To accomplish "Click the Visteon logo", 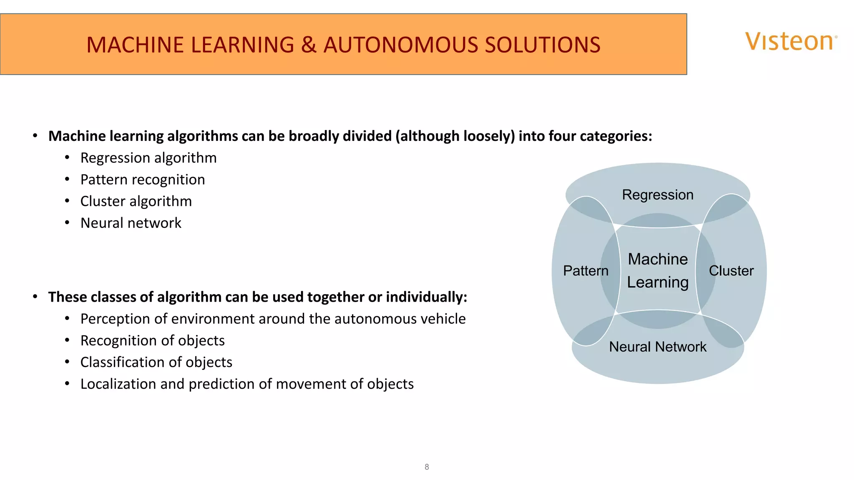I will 791,42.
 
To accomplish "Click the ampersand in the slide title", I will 309,45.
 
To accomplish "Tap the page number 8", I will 427,467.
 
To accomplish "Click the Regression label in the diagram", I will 658,195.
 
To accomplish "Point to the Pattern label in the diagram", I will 585,271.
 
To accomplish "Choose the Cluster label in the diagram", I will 731,271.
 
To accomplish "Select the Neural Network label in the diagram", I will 658,347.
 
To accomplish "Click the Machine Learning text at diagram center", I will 658,270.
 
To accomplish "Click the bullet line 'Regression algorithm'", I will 148,158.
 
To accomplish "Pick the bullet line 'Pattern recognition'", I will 143,180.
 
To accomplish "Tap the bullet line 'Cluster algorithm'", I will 136,201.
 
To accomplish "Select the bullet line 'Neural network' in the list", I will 131,223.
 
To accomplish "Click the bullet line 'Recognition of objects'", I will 153,340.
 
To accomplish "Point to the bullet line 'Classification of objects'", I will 156,362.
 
